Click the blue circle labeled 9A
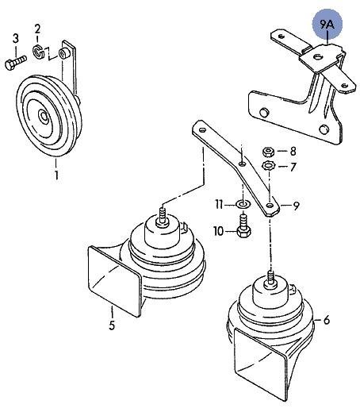327,25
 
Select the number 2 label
37,29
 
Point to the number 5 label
111,325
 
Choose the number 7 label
293,167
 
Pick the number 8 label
293,151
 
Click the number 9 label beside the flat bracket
295,206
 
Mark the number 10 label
218,231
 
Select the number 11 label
219,205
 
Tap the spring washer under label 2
38,54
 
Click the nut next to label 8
268,151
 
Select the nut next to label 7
268,166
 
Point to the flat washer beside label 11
242,206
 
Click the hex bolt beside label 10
242,231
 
